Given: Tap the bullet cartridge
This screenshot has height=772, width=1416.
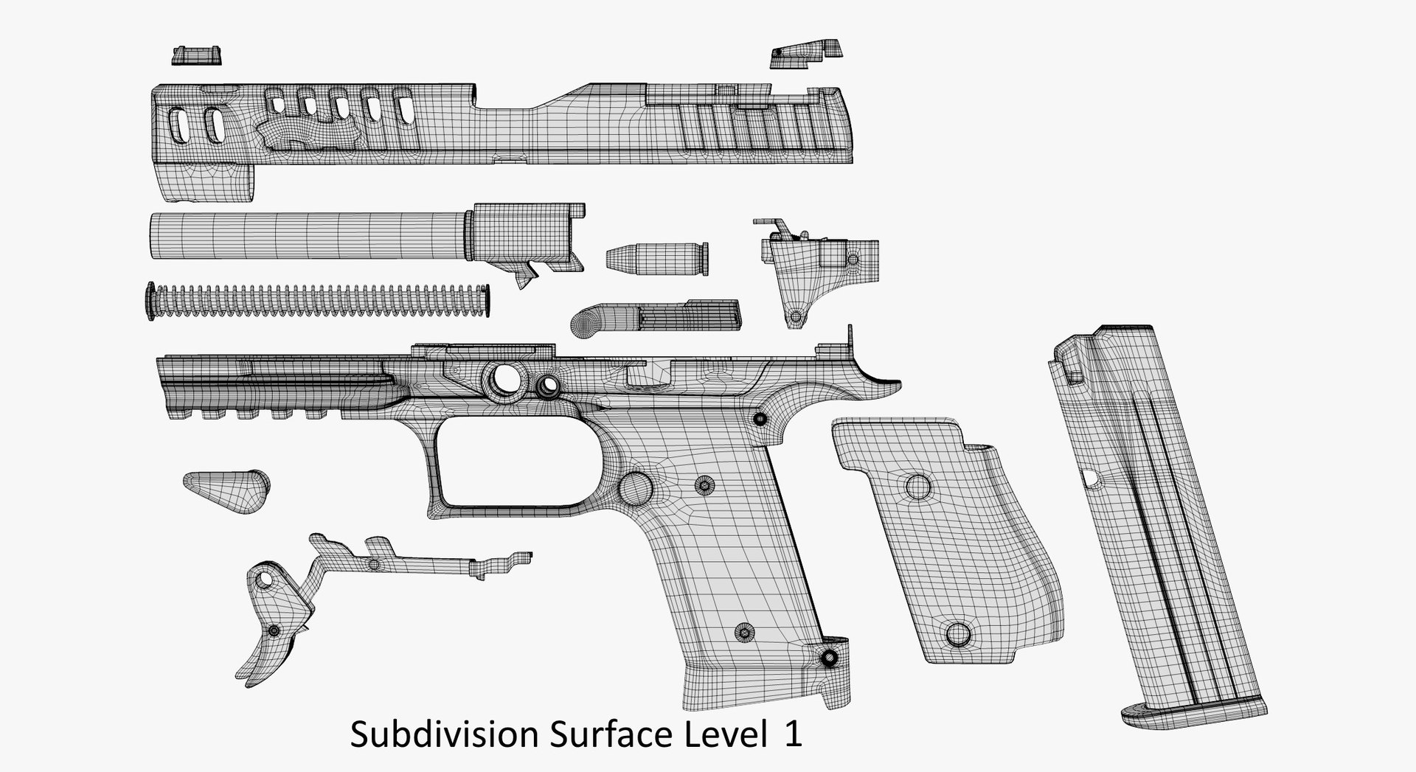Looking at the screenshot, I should pyautogui.click(x=656, y=257).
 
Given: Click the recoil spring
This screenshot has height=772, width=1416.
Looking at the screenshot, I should pyautogui.click(x=317, y=301).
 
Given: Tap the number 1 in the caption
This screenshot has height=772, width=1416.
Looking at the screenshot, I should pyautogui.click(x=792, y=735).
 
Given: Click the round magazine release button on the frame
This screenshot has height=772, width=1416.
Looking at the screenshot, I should pyautogui.click(x=636, y=487).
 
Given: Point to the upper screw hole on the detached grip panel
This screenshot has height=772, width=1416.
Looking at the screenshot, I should pyautogui.click(x=918, y=487).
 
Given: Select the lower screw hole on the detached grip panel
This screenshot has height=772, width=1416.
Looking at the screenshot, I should pyautogui.click(x=958, y=634).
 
